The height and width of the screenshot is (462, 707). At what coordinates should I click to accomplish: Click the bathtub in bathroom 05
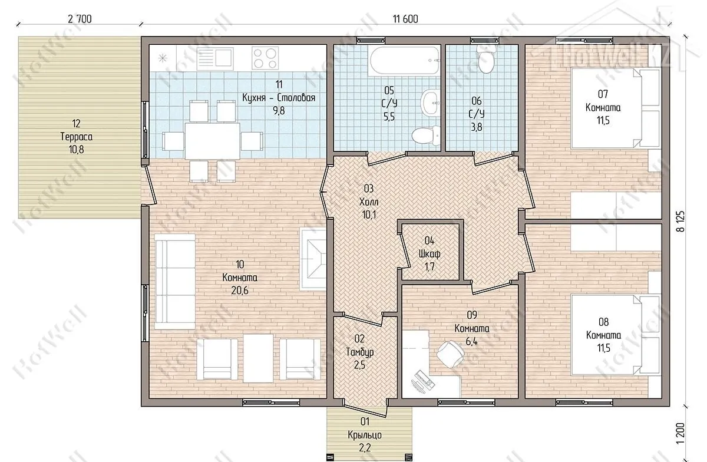coord(405,61)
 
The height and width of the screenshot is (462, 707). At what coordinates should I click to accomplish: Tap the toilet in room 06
coord(486,59)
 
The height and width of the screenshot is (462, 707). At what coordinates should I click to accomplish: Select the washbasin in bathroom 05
coord(431,102)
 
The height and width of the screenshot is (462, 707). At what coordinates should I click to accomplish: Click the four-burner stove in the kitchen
coord(265,58)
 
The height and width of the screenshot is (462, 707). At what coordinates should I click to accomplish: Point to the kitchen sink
coord(215,58)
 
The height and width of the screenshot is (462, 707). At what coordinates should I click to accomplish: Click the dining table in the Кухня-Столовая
coord(212,141)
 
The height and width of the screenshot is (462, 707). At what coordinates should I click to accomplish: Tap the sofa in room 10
coord(174,282)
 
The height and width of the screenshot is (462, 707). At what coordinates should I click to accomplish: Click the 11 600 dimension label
coord(405,19)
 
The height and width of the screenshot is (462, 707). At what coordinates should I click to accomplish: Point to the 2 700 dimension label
coord(80,19)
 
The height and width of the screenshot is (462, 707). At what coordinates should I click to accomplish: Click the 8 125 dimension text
coord(680,222)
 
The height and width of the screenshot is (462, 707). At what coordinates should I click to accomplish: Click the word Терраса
coord(77,137)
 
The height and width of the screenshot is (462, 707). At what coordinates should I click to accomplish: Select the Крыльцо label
coord(365,435)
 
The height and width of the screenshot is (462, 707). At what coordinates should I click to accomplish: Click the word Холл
coord(369,202)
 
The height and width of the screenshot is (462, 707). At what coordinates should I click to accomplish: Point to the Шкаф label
coord(430,253)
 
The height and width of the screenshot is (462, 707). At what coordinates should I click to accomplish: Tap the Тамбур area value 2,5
coord(359,365)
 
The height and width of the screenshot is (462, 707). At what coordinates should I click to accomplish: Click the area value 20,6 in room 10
coord(240,291)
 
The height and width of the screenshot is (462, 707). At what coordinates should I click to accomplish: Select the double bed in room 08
coord(616,335)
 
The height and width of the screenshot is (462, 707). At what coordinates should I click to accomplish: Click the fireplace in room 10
coord(313,259)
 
